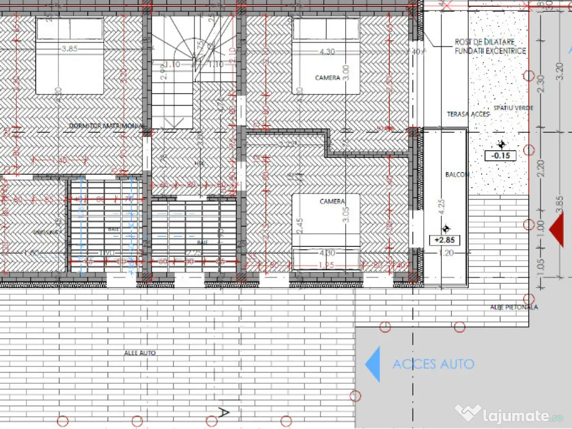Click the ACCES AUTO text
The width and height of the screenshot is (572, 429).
click(433, 364)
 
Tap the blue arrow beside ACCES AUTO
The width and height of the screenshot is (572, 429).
click(373, 364)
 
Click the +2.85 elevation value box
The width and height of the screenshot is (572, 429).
click(445, 240)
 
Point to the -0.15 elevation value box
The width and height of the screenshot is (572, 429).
click(500, 155)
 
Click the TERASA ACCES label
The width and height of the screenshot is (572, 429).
click(468, 114)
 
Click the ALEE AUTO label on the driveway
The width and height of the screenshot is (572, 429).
click(140, 353)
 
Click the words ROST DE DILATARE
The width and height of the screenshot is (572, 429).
click(484, 42)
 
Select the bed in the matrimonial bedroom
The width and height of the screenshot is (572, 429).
click(70, 56)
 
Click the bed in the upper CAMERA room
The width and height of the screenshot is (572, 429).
click(327, 56)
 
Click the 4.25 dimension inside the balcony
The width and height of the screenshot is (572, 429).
click(442, 207)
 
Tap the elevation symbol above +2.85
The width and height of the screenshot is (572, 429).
click(445, 228)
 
